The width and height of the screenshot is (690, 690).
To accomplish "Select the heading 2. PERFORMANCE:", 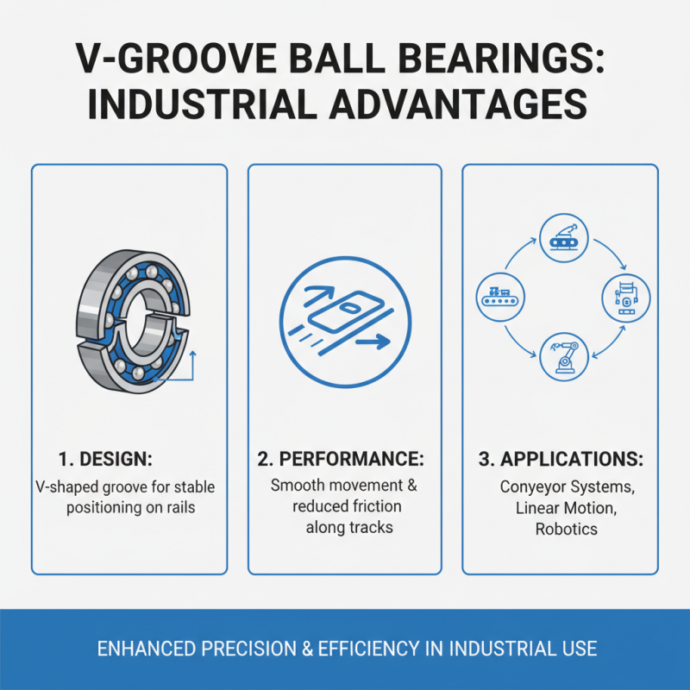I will pos(345,459).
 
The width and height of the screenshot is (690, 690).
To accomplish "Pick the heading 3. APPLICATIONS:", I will pos(561,459).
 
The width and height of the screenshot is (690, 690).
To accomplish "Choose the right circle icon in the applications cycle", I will pos(625,298).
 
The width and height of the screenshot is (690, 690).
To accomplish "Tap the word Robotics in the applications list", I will pos(566,529).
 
